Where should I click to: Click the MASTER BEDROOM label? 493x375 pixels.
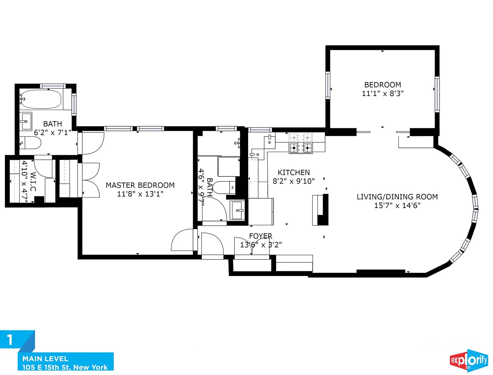point(140,185)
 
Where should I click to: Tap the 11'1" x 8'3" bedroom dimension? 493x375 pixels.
point(382,93)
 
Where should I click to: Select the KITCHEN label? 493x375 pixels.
point(294,173)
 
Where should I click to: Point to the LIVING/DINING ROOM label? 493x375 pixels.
point(397,197)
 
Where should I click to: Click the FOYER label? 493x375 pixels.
point(261,236)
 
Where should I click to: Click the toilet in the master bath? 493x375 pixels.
point(30,143)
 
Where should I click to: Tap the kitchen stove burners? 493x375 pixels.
point(301,143)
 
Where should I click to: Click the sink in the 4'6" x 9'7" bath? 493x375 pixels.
point(237,210)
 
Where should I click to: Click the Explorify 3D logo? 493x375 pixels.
point(469,361)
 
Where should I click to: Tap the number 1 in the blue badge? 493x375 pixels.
point(10,340)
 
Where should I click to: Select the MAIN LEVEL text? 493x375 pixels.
point(45,359)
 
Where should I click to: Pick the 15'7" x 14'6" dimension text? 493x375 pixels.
point(397,205)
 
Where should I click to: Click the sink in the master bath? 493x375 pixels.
point(26,121)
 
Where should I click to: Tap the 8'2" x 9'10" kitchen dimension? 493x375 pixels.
point(294,181)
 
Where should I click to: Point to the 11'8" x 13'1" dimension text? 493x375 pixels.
point(140,194)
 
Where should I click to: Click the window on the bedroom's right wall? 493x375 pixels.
point(437,94)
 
